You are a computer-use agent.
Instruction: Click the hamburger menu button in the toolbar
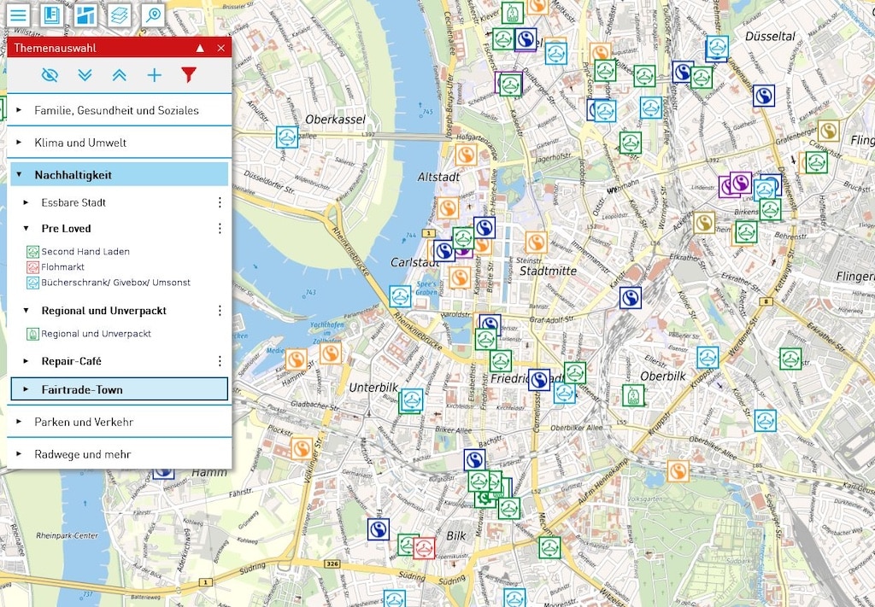click(18, 15)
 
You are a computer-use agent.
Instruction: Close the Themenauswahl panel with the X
click(221, 48)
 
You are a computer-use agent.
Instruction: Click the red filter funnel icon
click(189, 75)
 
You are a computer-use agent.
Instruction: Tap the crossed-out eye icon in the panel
click(50, 75)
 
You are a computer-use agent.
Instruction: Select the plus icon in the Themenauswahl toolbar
click(154, 75)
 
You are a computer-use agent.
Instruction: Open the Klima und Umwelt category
click(80, 143)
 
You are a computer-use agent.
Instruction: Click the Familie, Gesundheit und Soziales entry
click(116, 110)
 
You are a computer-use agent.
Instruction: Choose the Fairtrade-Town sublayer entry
click(82, 389)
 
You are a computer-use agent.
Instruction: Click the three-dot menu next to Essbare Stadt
click(220, 202)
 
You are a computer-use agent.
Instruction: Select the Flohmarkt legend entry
click(62, 267)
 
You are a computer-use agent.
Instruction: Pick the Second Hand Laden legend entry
click(85, 252)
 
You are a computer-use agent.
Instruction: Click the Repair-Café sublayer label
click(71, 361)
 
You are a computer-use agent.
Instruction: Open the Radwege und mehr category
click(82, 454)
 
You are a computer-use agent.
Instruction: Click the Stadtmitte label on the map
click(548, 271)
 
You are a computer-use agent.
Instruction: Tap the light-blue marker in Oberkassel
click(287, 137)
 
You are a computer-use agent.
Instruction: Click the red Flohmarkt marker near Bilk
click(424, 547)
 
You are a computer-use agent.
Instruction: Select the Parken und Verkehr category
click(84, 422)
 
